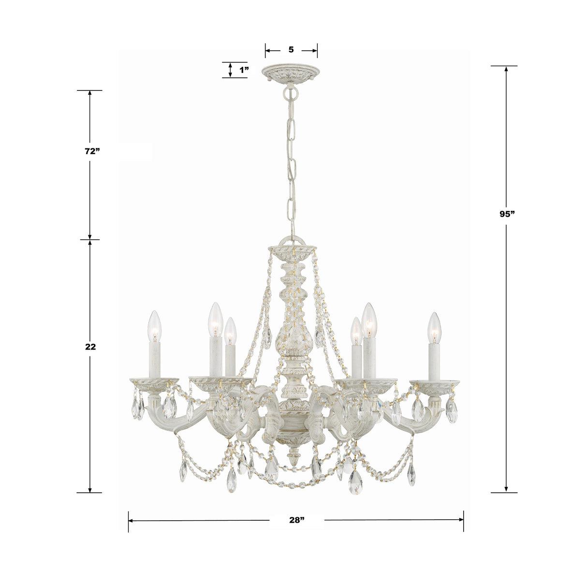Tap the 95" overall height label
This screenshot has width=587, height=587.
(507, 214)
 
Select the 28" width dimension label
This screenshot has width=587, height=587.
(296, 521)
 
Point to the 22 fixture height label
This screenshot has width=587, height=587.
(90, 347)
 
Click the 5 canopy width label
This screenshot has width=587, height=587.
(291, 50)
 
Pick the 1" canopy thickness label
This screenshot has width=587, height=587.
(244, 70)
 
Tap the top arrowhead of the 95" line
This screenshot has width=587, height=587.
(506, 69)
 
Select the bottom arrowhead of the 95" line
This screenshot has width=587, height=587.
(506, 489)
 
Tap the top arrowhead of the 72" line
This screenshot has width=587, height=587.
(89, 94)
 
